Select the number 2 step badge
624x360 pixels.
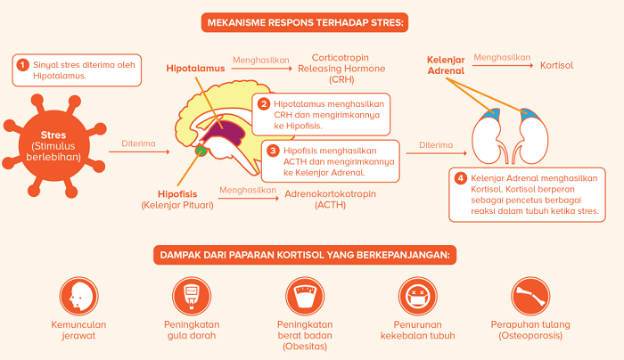tap(264, 103)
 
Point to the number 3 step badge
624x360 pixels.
tap(273, 151)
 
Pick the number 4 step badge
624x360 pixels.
tap(460, 177)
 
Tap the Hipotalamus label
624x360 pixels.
tap(196, 68)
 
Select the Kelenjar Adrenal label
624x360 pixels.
tap(447, 63)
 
